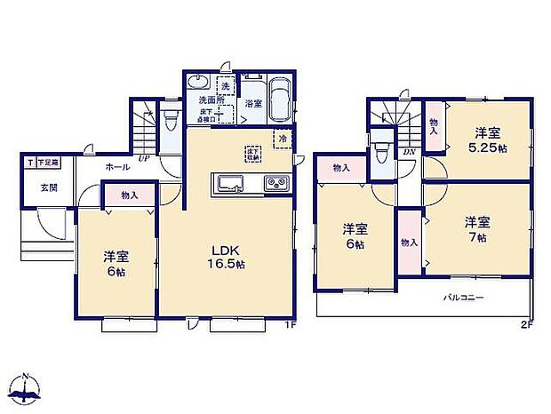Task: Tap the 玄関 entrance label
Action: (48, 187)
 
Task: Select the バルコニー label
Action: (464, 299)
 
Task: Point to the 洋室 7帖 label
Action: (476, 230)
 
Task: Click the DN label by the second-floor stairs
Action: (408, 153)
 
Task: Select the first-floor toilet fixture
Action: (171, 119)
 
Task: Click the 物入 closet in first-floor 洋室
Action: (129, 194)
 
